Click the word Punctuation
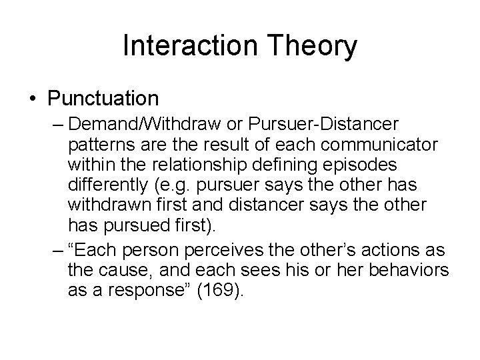(x=103, y=99)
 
